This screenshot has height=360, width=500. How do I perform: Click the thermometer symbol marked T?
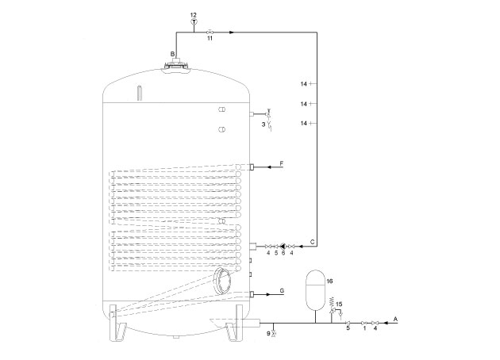pyautogui.click(x=194, y=21)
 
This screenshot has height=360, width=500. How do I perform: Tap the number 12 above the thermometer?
pyautogui.click(x=193, y=14)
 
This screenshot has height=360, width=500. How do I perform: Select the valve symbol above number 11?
pyautogui.click(x=210, y=33)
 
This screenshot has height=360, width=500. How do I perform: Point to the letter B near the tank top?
pyautogui.click(x=172, y=54)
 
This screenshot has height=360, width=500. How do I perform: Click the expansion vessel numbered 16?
pyautogui.click(x=316, y=290)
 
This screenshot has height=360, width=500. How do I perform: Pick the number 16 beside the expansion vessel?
pyautogui.click(x=329, y=281)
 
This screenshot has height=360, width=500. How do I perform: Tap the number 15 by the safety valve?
pyautogui.click(x=339, y=304)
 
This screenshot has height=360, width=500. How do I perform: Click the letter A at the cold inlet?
pyautogui.click(x=396, y=319)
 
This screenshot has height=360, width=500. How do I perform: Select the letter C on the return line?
pyautogui.click(x=313, y=242)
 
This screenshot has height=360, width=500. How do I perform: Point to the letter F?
pyautogui.click(x=282, y=163)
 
